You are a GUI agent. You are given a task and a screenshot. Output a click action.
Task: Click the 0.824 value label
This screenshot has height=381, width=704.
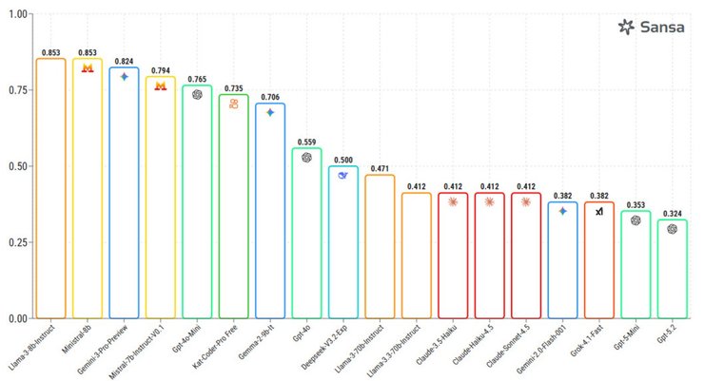124,61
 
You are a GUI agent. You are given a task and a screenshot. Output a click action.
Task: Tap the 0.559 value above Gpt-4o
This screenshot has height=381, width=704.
306,142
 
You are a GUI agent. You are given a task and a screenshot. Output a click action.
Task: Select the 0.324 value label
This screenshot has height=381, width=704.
673,214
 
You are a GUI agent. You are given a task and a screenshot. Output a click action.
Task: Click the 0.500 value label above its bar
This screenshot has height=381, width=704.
343,160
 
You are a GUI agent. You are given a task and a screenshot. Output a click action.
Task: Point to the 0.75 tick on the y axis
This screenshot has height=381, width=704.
17,90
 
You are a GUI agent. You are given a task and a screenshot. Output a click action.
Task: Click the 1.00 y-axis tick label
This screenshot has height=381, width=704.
17,14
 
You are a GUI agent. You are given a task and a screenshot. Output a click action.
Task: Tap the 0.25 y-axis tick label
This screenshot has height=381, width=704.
17,242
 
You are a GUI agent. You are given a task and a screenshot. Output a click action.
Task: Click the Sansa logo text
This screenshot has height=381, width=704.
663,27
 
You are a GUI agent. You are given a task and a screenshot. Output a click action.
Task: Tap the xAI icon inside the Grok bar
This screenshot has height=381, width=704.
599,212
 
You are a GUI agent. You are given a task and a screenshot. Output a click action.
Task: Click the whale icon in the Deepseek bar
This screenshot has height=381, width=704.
343,176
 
